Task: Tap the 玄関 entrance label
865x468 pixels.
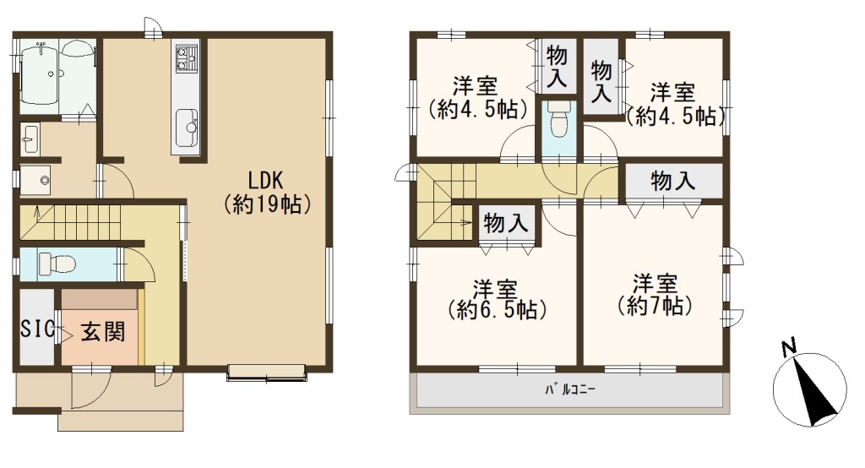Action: click(103, 332)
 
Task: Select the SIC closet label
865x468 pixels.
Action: click(37, 329)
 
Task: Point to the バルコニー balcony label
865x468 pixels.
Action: click(570, 390)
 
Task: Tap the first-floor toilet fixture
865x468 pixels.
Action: click(57, 264)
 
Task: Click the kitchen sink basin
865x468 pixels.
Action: click(187, 128)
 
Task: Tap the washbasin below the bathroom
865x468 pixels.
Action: click(30, 139)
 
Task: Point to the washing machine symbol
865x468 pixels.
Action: click(35, 180)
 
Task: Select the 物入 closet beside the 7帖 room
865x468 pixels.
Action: click(672, 181)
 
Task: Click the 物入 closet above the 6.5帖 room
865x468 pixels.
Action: click(506, 223)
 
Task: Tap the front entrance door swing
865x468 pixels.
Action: click(91, 389)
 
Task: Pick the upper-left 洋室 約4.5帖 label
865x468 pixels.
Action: click(476, 98)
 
